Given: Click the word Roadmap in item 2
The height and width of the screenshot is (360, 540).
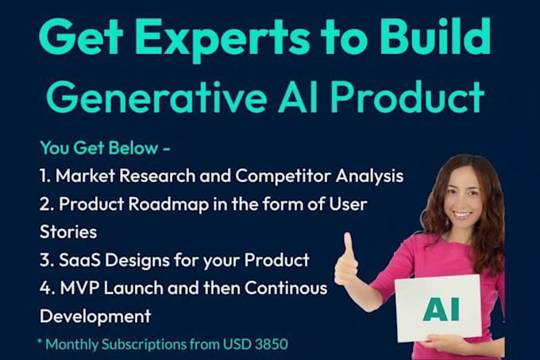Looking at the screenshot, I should tap(159, 204).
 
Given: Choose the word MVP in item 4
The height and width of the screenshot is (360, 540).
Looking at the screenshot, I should tap(79, 288).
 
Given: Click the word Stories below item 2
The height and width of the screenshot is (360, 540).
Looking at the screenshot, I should tap(67, 232).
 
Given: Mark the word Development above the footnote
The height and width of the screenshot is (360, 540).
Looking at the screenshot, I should tap(95, 315).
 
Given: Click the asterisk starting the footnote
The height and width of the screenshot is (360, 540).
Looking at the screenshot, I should tap(40, 343).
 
